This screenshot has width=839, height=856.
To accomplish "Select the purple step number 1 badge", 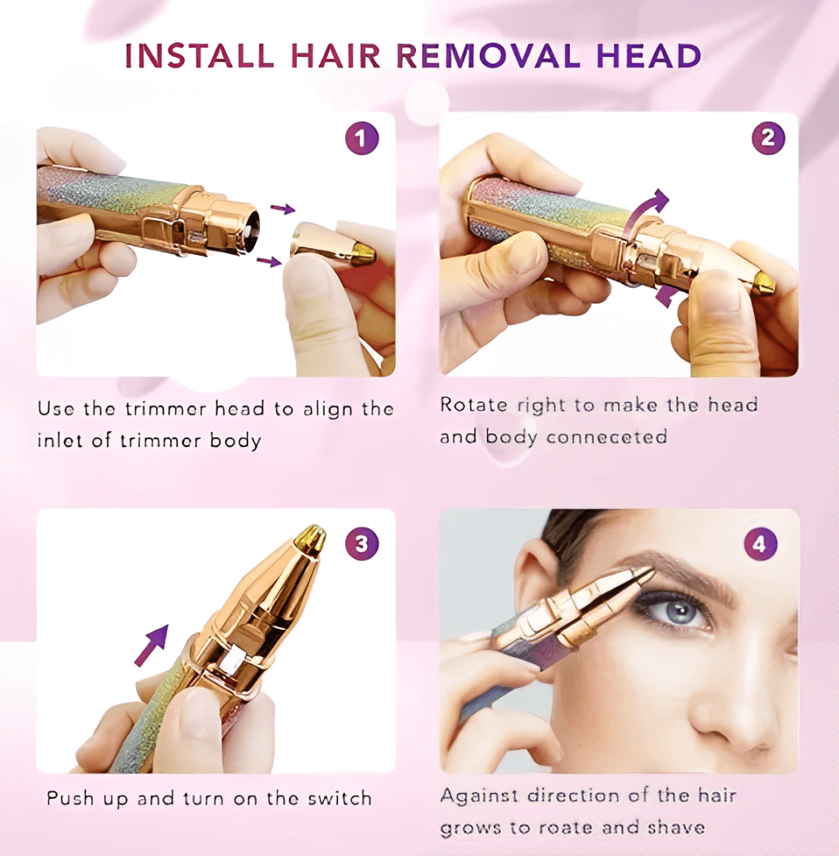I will (x=361, y=140).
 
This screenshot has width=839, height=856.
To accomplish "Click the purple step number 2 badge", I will (x=767, y=138).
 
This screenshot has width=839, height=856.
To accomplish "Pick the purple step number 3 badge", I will (x=361, y=544).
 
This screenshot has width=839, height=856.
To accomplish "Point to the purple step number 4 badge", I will (x=760, y=544).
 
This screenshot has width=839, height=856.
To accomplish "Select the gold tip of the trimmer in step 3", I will (x=311, y=538).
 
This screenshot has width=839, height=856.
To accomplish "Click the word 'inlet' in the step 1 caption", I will (x=59, y=440).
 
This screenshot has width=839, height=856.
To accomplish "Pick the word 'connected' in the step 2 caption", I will (x=606, y=437).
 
